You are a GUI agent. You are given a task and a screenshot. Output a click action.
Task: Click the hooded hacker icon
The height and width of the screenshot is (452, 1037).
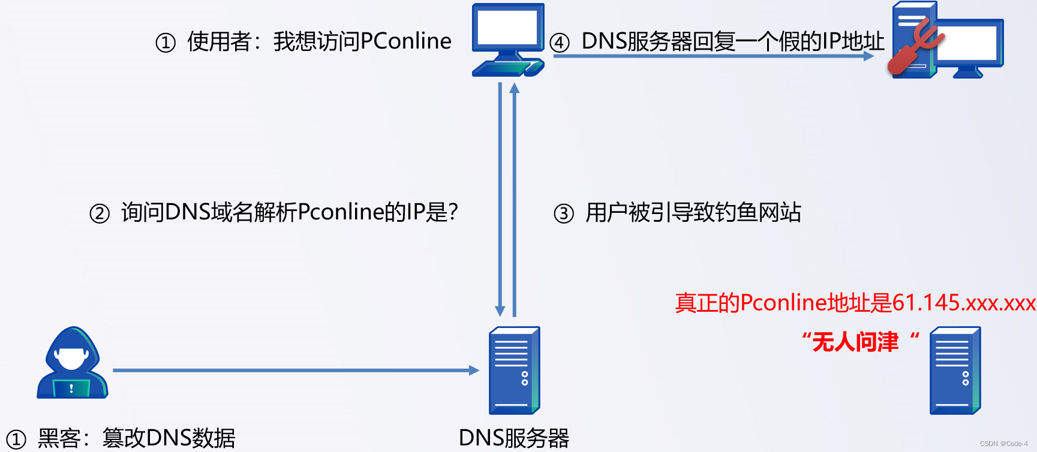coord(72,362)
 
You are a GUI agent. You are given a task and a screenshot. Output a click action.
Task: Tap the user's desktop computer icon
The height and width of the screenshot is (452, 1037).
coord(507,40)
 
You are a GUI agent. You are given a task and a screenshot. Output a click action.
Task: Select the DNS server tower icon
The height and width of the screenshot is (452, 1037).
coord(514,370)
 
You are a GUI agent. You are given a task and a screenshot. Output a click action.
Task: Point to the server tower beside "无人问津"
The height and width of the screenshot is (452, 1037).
coord(955,370)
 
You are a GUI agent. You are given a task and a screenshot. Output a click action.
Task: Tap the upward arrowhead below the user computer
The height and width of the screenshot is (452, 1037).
coord(514,89)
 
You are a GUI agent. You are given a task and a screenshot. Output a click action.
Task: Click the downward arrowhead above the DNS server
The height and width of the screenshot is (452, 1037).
coord(500,311)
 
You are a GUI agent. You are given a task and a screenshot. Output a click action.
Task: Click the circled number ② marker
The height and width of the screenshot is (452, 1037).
coord(100,213)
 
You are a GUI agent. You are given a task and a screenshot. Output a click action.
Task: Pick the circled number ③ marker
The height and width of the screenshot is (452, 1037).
coord(563,213)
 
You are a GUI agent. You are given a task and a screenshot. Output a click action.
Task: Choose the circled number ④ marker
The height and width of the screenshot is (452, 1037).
coord(559,43)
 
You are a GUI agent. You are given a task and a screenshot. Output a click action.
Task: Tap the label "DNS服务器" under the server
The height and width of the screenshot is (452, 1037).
coord(513,438)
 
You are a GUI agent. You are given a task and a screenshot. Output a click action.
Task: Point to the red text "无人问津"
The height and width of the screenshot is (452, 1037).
coord(855,342)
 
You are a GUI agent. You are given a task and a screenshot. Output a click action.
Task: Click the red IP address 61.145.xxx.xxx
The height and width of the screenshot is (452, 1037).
coord(964,303)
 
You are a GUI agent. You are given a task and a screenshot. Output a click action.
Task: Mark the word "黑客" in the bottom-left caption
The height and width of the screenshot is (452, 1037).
coord(59,438)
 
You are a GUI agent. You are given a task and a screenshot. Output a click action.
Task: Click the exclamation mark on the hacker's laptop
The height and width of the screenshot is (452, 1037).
coord(71,388)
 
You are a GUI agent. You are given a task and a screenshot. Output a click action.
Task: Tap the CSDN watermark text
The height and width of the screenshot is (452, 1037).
coord(1003,444)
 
